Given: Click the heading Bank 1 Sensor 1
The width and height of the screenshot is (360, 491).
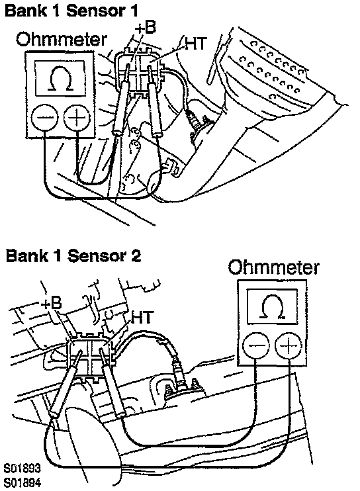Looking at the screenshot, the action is (x=71, y=11).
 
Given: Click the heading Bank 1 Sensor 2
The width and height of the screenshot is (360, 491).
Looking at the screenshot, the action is (x=73, y=255).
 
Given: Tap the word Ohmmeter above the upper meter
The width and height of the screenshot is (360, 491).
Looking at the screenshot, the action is (x=62, y=40).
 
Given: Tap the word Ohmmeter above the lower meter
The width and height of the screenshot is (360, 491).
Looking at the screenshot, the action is (x=273, y=267).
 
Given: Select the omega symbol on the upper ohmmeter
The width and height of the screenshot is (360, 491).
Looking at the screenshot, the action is (x=60, y=79).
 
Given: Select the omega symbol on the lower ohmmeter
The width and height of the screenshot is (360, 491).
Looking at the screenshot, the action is (x=273, y=306).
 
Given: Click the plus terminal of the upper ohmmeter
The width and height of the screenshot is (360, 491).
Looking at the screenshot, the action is (x=77, y=117).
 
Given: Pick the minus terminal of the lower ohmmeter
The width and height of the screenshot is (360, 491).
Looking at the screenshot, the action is (x=256, y=345).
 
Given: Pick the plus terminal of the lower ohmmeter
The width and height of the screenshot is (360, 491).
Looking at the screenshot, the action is (x=289, y=345).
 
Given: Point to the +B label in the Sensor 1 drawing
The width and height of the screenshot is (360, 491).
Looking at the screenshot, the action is (x=145, y=28).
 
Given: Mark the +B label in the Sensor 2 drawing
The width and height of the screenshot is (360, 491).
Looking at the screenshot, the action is (x=52, y=304).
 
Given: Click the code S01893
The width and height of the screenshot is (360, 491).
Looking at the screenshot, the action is (x=22, y=468).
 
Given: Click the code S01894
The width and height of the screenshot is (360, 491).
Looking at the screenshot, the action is (x=22, y=482).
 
